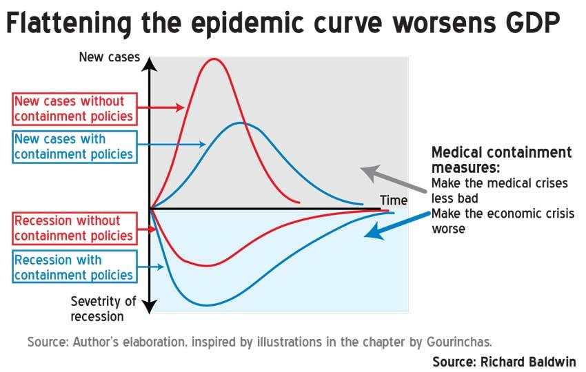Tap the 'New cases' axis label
coord(110,57)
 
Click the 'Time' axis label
coord(394,200)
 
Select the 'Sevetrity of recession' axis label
coord(103,309)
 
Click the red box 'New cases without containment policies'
coord(74,109)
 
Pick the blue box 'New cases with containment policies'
coord(74,147)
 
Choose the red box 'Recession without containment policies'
coord(74,229)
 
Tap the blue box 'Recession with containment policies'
coord(74,267)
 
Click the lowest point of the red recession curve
coord(207,265)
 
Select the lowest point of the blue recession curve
coord(208,305)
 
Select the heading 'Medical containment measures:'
coord(501,160)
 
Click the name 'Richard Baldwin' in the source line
coord(528,362)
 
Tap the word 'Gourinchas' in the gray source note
coord(459,342)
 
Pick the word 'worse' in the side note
coord(449,229)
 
